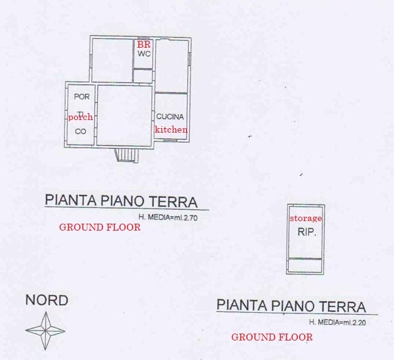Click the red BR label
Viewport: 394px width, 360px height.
[144, 45]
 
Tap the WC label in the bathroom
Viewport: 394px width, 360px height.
[144, 54]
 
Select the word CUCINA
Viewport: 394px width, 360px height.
[170, 117]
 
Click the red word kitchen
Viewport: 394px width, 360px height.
[171, 129]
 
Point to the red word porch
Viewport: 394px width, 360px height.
[80, 117]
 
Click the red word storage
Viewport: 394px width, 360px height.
[306, 219]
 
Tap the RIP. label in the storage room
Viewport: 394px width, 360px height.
[307, 232]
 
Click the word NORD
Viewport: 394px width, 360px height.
[47, 300]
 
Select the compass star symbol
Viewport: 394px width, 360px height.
[45, 331]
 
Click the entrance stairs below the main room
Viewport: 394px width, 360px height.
[127, 155]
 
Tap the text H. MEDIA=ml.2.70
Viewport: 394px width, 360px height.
[168, 217]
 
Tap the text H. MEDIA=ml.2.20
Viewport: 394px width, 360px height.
[337, 322]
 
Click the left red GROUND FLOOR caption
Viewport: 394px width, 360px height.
[100, 227]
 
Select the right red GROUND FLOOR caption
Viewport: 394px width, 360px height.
[272, 337]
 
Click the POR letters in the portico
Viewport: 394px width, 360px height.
[82, 97]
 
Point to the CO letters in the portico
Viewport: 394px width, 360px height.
[80, 131]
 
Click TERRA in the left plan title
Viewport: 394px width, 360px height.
[173, 202]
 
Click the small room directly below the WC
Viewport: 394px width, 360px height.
[143, 76]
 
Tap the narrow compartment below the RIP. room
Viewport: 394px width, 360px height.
[305, 265]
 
